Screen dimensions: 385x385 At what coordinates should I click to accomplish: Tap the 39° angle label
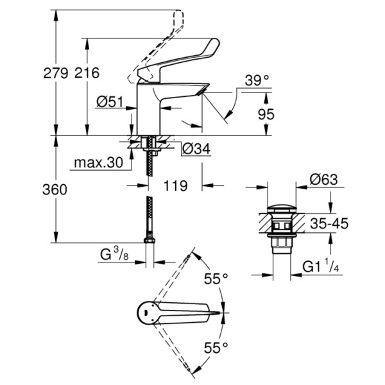point(257,80)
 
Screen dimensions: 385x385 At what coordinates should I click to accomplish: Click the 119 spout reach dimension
point(175,186)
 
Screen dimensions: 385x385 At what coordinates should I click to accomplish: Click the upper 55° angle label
point(216,279)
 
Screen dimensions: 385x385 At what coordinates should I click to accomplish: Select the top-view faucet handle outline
point(173,313)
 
